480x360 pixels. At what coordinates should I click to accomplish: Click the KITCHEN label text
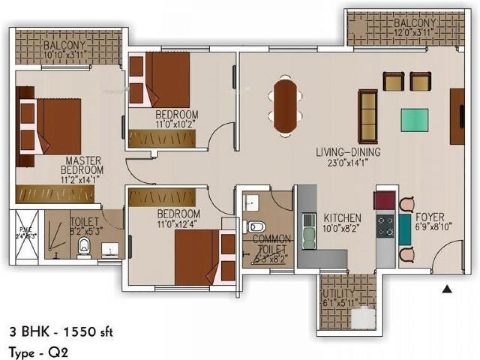coord(342,218)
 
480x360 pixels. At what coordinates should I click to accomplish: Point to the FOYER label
coord(430,217)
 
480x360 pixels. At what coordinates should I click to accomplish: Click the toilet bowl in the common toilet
coord(256,228)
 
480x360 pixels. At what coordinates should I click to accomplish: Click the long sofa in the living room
coord(368,116)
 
